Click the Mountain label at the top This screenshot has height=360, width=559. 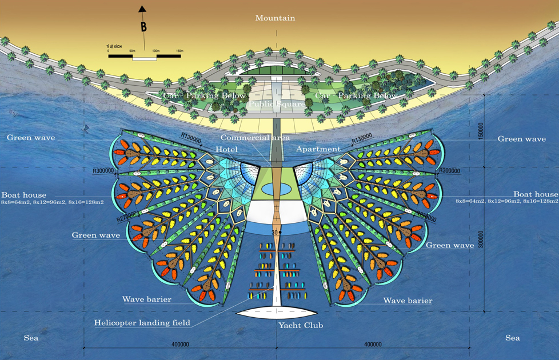click(275, 18)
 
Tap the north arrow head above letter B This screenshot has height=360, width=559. click(142, 9)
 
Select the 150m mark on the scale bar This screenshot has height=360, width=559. click(179, 51)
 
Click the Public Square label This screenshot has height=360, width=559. click(277, 105)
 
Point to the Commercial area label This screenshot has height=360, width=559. click(255, 138)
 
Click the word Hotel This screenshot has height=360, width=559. click(226, 149)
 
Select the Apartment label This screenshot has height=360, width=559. click(318, 149)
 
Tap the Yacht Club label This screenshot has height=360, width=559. click(301, 326)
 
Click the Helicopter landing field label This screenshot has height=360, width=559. click(142, 323)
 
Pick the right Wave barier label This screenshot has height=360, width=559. click(408, 301)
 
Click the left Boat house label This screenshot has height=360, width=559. click(23, 195)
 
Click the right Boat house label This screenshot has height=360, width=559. click(535, 194)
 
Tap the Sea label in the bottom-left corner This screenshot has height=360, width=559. click(31, 338)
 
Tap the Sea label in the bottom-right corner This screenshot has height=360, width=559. click(513, 338)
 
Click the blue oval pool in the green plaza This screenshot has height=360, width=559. click(276, 189)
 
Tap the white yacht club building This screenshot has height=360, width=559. click(277, 313)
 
